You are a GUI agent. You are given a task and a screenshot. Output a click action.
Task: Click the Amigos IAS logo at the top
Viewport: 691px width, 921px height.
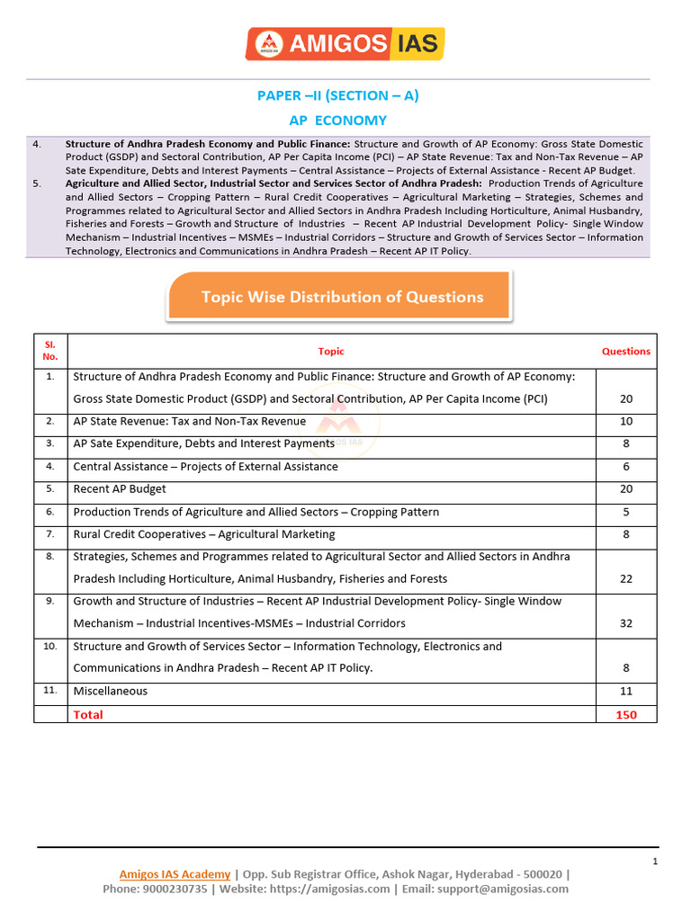[345, 43]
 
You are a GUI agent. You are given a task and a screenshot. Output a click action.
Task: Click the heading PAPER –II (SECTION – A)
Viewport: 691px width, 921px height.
[338, 95]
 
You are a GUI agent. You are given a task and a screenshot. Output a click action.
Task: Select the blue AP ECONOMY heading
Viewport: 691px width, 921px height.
[337, 120]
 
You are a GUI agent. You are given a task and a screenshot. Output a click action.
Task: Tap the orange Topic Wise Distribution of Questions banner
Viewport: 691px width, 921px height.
[341, 297]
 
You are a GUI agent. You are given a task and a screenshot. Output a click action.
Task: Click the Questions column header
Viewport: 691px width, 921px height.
[625, 352]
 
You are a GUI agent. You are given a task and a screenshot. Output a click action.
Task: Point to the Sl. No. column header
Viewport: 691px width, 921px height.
[50, 351]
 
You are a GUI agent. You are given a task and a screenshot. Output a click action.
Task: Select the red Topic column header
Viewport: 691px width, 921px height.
[331, 352]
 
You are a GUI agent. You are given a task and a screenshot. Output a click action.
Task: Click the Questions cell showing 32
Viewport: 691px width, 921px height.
[625, 623]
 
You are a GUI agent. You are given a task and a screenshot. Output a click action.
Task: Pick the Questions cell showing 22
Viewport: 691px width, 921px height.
[625, 578]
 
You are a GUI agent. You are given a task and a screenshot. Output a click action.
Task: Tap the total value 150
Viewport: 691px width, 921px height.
[625, 714]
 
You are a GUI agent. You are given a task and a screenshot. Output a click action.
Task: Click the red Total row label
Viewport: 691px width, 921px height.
[88, 714]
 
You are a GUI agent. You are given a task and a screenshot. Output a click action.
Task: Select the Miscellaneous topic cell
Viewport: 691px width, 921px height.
[110, 691]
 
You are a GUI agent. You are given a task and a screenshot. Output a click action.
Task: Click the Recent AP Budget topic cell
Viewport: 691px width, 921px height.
[120, 488]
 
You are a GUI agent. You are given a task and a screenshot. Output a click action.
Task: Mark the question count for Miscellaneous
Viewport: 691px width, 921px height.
[625, 691]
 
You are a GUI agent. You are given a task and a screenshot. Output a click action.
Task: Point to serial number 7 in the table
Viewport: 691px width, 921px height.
[50, 533]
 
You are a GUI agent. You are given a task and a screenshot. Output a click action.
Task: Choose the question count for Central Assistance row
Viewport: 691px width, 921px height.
[625, 466]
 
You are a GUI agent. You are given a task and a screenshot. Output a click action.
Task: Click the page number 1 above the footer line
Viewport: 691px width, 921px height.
[655, 862]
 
